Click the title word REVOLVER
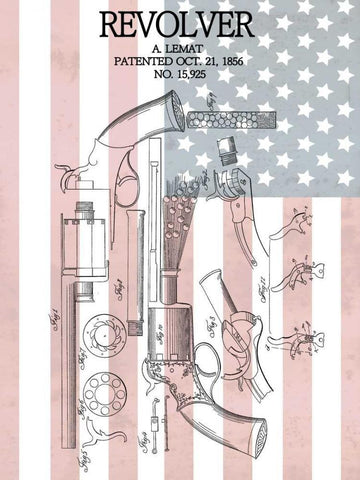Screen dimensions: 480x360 point(180,23)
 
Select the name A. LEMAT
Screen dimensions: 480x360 point(180,47)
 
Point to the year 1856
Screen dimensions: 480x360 point(242,61)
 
